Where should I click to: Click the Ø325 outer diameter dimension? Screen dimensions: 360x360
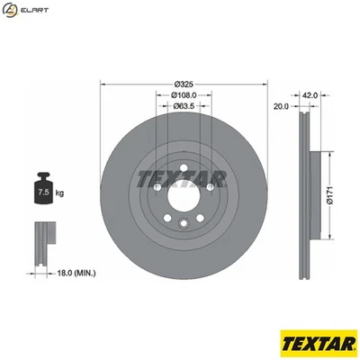point(184,84)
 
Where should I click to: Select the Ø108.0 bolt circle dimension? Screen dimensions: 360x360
point(184,94)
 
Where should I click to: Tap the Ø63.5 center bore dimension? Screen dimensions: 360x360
point(184,106)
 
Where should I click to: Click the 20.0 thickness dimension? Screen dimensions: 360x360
point(281,106)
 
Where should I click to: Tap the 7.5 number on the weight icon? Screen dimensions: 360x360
point(41,192)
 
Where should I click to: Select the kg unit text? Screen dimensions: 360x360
point(60,193)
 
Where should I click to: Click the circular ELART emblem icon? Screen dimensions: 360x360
point(11,11)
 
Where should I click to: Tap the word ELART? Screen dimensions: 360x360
point(35,11)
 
